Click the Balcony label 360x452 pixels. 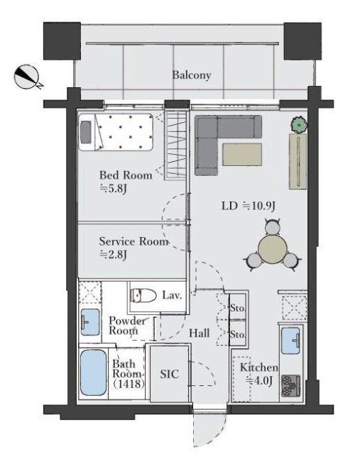coord(192,75)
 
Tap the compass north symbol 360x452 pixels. coord(27,77)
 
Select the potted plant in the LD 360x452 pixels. coord(298,125)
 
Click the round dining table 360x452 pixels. coord(273,249)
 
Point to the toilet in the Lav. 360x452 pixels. coord(143,295)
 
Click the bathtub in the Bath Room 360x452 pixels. coord(93,373)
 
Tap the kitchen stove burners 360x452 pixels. coord(291,386)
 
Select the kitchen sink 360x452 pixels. coord(290,341)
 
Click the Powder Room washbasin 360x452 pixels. coord(89,322)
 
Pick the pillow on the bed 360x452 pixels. coord(86,132)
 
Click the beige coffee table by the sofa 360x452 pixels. coord(242,155)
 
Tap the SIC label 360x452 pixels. coord(169,374)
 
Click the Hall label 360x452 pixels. coord(199,334)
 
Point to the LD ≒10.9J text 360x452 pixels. coord(248,206)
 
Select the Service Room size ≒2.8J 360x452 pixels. coord(113,254)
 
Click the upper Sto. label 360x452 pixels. coord(237,308)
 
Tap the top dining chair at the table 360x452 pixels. coord(273,226)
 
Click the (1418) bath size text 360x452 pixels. coord(129,384)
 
